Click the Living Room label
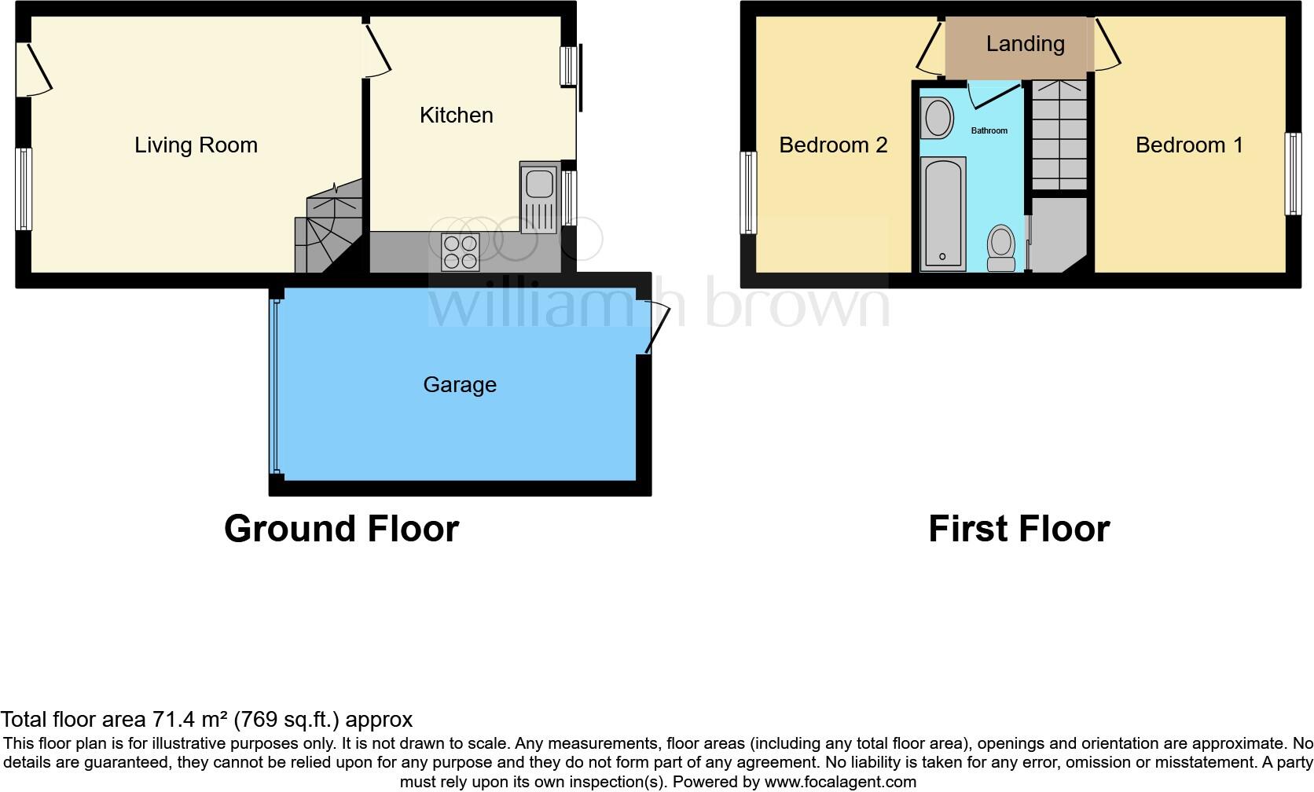click(196, 145)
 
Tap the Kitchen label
click(456, 115)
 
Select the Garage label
click(460, 385)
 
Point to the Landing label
click(1025, 44)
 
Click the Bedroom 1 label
click(1189, 145)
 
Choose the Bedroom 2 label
click(833, 145)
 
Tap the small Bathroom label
click(989, 130)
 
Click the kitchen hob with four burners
click(461, 252)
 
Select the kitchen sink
click(538, 198)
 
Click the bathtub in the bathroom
click(943, 213)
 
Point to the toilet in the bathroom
click(1001, 247)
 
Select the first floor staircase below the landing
click(1059, 134)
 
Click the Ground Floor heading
click(341, 529)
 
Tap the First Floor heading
click(1019, 529)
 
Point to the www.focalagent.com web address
click(839, 782)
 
